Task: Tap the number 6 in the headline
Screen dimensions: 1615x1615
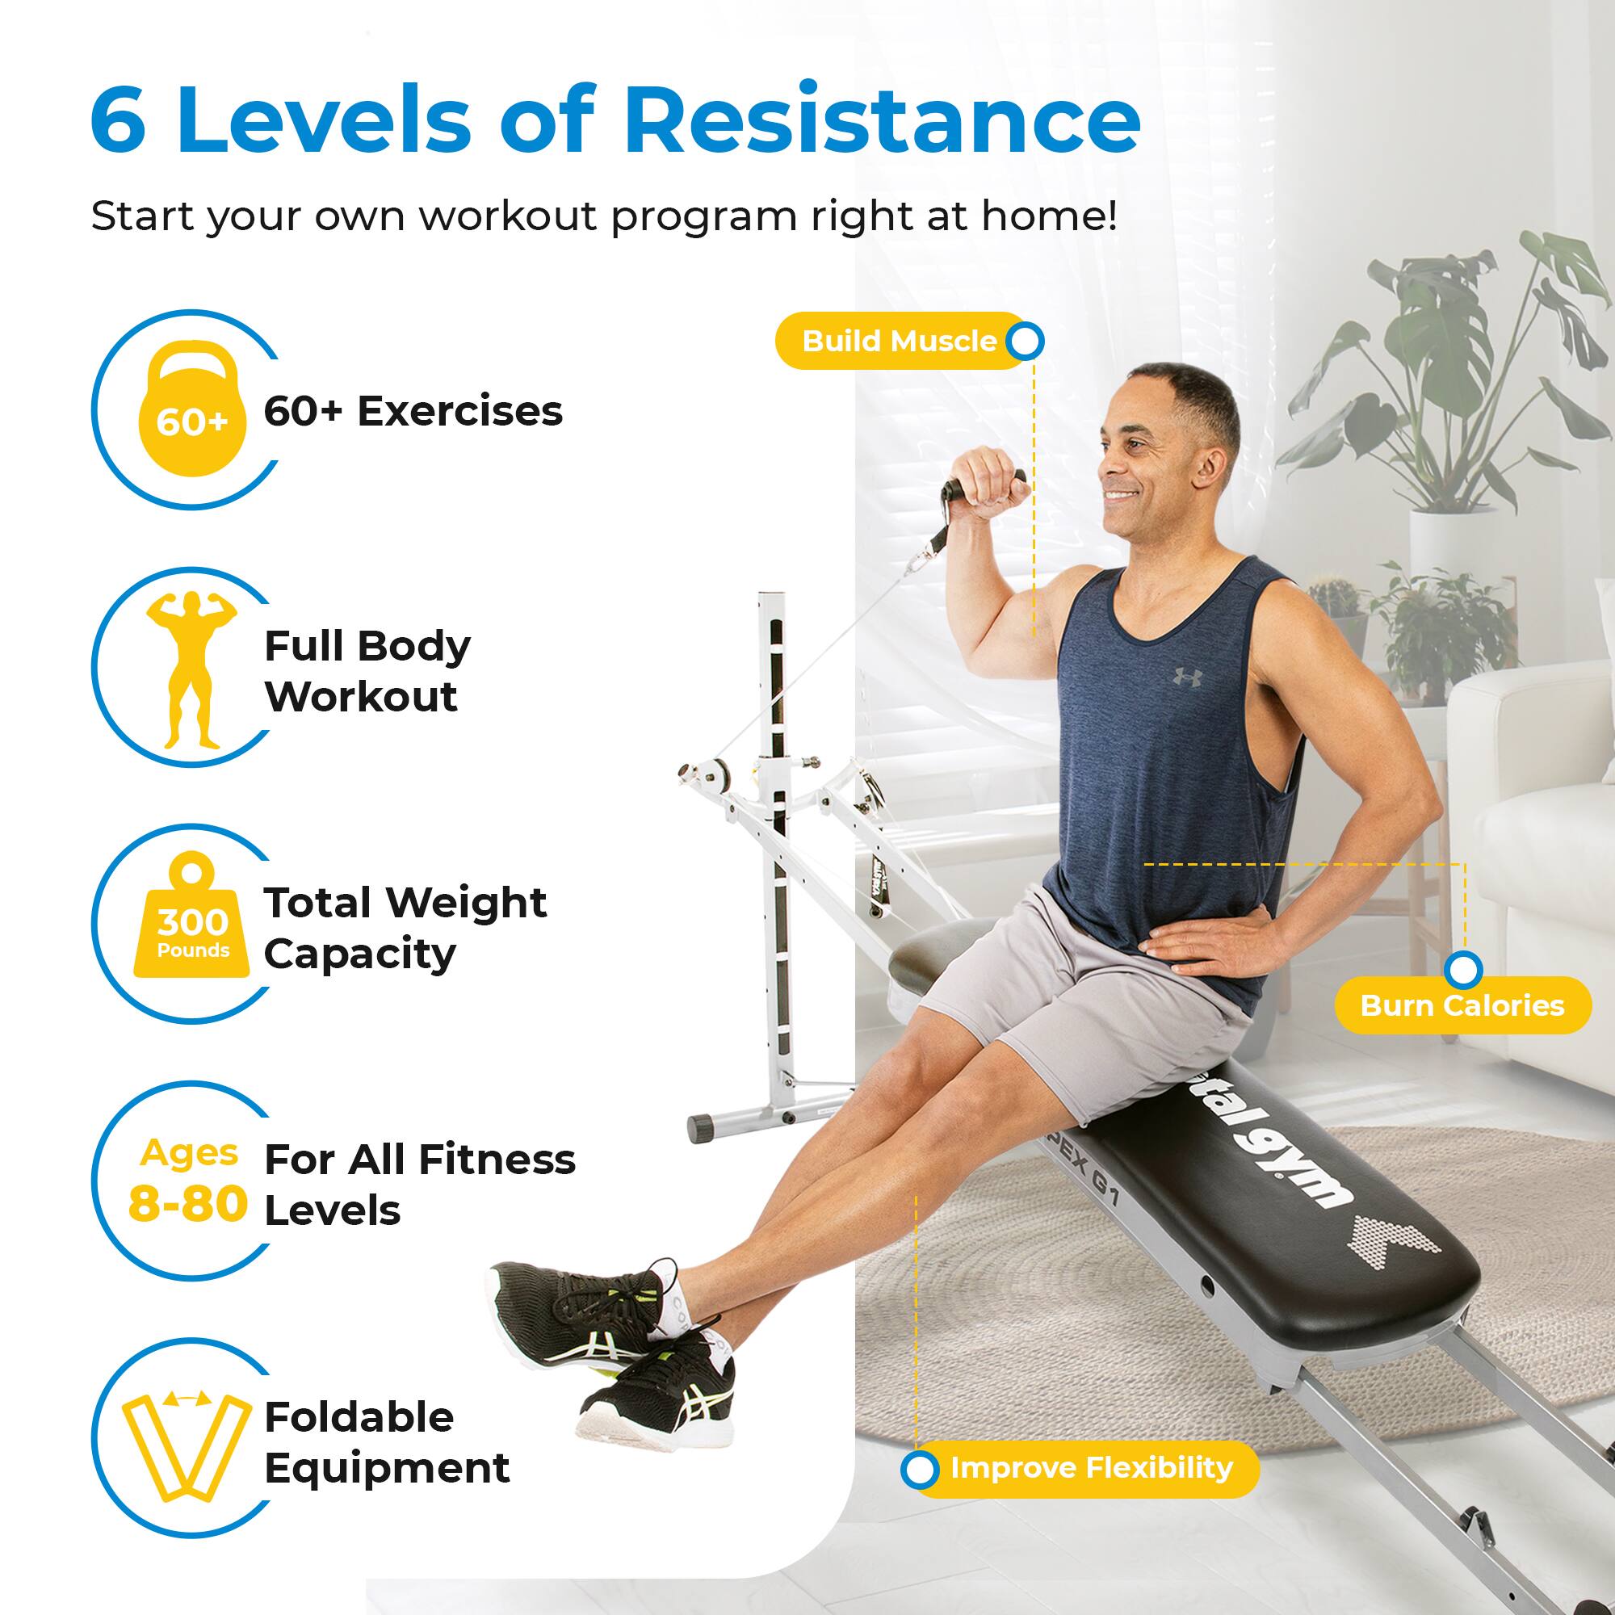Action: click(118, 120)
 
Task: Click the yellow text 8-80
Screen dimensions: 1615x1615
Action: click(188, 1205)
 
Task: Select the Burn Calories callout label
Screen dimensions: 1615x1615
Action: click(1462, 1005)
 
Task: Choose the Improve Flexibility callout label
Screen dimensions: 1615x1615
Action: click(1091, 1467)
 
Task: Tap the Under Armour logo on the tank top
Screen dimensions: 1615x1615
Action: click(1187, 676)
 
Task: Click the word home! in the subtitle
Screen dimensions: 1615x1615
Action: click(1048, 216)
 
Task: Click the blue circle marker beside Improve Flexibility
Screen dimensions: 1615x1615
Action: click(920, 1470)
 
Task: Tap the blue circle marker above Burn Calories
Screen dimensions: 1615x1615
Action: click(1463, 971)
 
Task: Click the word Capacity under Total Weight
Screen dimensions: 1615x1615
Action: click(359, 954)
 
